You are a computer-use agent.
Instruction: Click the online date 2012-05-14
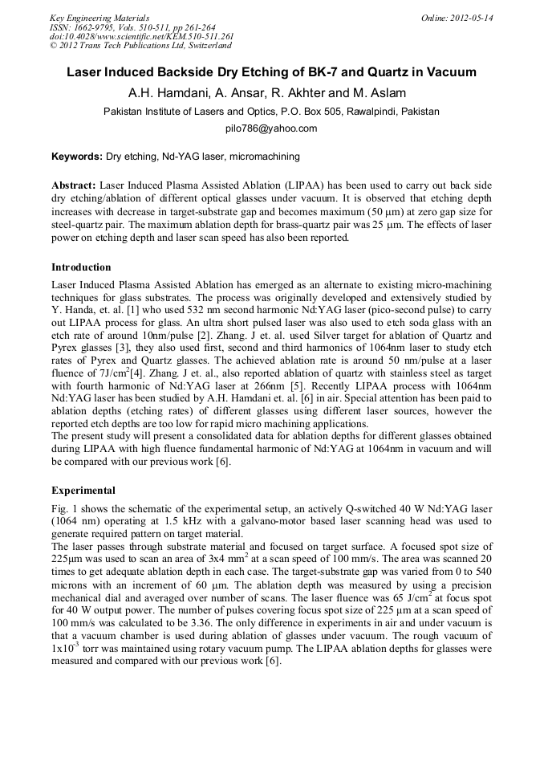pyautogui.click(x=471, y=17)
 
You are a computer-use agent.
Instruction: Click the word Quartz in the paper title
pyautogui.click(x=383, y=72)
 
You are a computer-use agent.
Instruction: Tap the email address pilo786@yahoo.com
pyautogui.click(x=271, y=128)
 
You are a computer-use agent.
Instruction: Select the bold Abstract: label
pyautogui.click(x=73, y=184)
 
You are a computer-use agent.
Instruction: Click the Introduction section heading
pyautogui.click(x=81, y=267)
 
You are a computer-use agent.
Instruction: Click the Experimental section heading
pyautogui.click(x=83, y=490)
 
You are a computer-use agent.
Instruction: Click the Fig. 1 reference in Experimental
pyautogui.click(x=64, y=509)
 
